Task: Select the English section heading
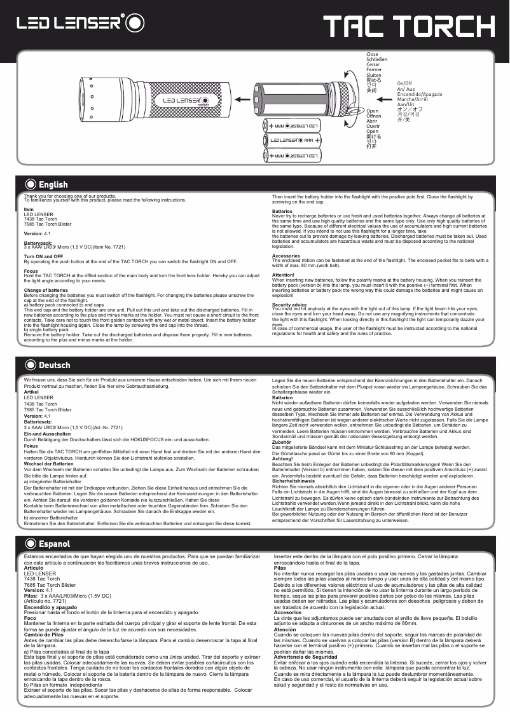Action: (53, 185)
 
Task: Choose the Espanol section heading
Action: (54, 544)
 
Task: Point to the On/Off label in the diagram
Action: (404, 83)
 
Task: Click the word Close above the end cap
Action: (372, 55)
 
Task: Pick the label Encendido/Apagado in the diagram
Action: (419, 94)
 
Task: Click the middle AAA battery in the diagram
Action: (295, 141)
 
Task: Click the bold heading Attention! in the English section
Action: (283, 275)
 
